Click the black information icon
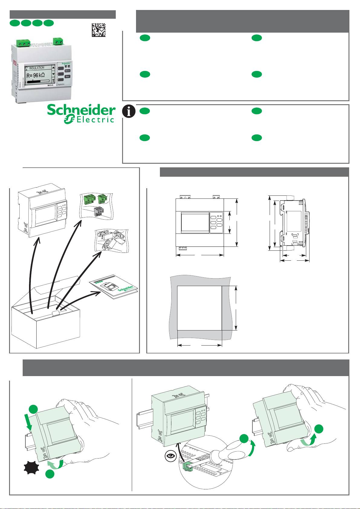[129, 111]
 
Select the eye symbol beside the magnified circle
[171, 456]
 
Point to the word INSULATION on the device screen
[37, 68]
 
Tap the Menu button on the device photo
[68, 70]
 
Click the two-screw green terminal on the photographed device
[58, 42]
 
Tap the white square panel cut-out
[199, 308]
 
